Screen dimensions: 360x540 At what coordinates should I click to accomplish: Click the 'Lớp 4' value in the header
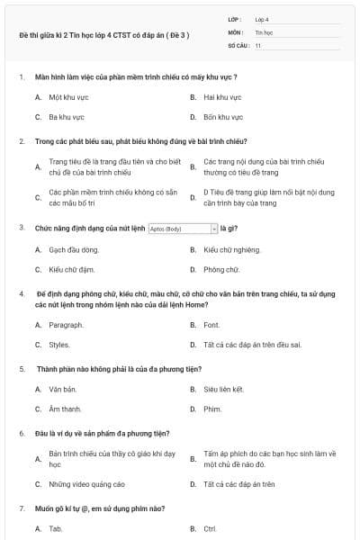[x=262, y=19]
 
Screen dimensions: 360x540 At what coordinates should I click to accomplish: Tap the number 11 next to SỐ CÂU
[x=258, y=45]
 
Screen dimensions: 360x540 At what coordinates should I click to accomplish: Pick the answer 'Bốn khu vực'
[x=223, y=117]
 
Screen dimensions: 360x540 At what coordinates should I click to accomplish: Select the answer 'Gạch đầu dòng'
[x=74, y=249]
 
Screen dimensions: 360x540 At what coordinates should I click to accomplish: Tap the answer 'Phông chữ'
[x=221, y=269]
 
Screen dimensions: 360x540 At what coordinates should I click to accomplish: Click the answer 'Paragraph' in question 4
[x=66, y=325]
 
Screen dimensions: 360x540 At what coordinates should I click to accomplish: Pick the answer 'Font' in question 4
[x=211, y=325]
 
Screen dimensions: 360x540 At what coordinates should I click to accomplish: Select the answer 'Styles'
[x=59, y=345]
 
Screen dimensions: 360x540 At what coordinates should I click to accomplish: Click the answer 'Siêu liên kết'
[x=224, y=389]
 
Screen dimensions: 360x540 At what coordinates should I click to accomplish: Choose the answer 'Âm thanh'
[x=65, y=409]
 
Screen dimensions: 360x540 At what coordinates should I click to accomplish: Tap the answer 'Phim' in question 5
[x=212, y=409]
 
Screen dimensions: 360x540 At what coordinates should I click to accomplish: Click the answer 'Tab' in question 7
[x=56, y=528]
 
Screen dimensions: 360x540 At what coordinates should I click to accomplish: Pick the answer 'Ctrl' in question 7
[x=210, y=528]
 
